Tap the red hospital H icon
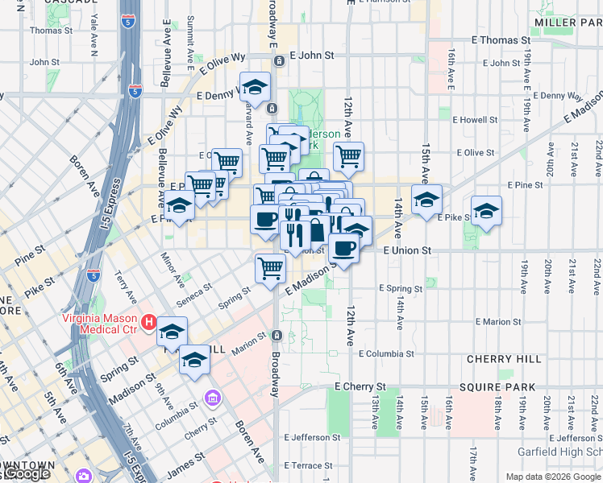pyautogui.click(x=148, y=323)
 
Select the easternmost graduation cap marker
pyautogui.click(x=486, y=211)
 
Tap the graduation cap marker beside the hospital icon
pyautogui.click(x=172, y=332)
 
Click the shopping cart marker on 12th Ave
pyautogui.click(x=348, y=156)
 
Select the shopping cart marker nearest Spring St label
pyautogui.click(x=271, y=267)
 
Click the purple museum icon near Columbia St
pyautogui.click(x=212, y=398)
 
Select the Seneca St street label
pyautogui.click(x=197, y=289)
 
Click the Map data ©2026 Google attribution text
pyautogui.click(x=552, y=477)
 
